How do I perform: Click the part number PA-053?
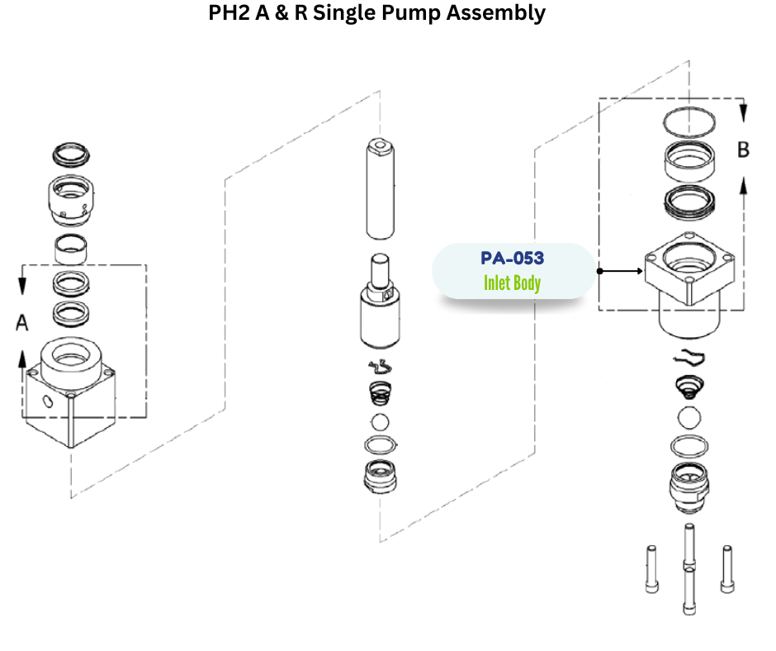click(512, 259)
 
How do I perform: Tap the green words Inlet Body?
click(512, 283)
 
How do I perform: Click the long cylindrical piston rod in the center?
click(380, 189)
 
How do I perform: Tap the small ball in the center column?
click(380, 421)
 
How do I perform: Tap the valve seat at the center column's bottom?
click(381, 478)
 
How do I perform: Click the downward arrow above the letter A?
click(22, 284)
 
